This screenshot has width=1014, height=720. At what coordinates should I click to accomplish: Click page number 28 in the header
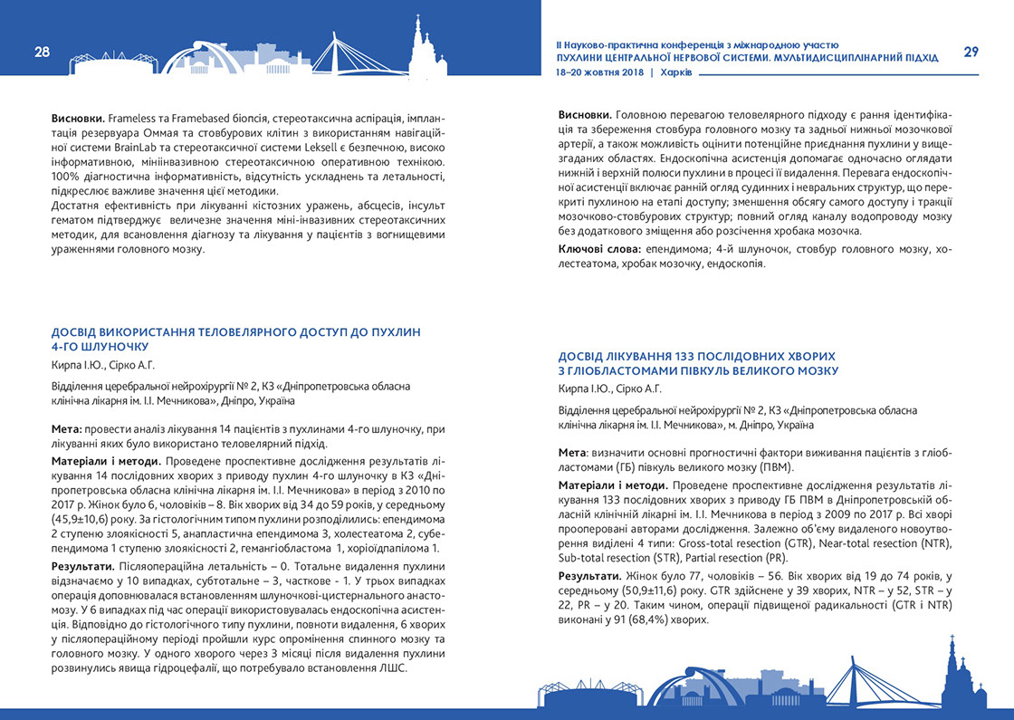pyautogui.click(x=43, y=52)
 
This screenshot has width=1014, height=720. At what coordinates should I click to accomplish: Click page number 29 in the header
pyautogui.click(x=971, y=52)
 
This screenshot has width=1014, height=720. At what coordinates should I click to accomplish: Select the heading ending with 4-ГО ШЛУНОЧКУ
pyautogui.click(x=236, y=339)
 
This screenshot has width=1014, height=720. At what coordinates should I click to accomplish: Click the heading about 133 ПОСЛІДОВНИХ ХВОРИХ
pyautogui.click(x=698, y=363)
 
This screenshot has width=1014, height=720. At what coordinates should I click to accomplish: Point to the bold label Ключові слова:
pyautogui.click(x=598, y=249)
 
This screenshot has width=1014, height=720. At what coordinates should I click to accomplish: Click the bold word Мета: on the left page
pyautogui.click(x=69, y=428)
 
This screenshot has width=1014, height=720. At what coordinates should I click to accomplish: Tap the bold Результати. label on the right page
pyautogui.click(x=588, y=577)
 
